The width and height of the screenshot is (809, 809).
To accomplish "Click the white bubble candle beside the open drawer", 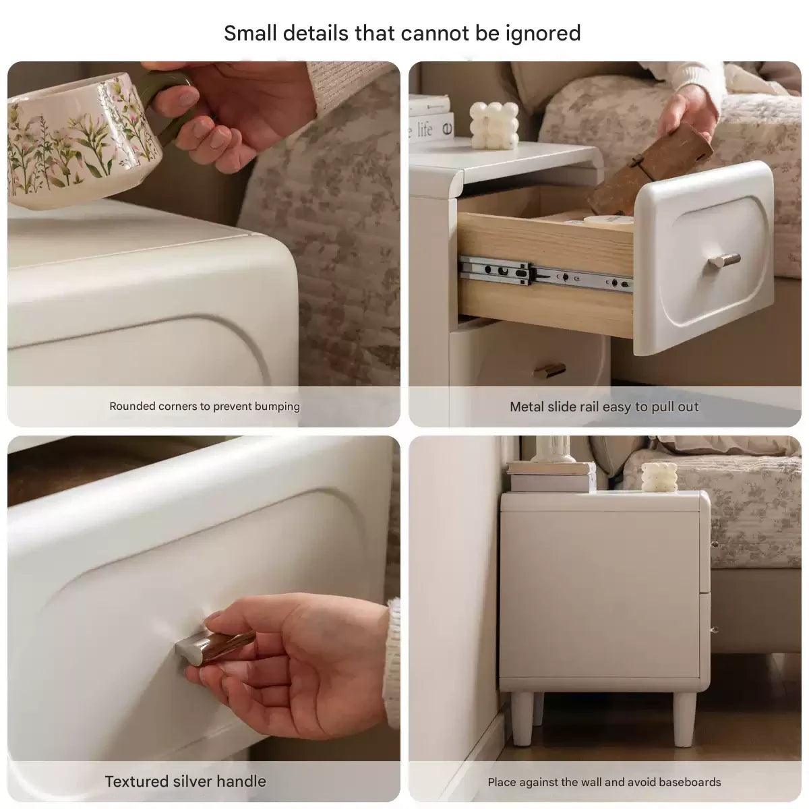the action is tap(493, 125).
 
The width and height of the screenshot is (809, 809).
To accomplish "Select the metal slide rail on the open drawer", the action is tap(545, 274).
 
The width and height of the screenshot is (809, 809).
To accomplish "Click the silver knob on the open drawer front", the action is tap(724, 260).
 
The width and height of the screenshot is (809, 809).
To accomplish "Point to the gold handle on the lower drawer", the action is tap(549, 370).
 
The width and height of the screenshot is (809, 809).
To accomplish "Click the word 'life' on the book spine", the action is tap(425, 129).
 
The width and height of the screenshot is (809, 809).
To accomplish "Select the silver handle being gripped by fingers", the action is tap(214, 647).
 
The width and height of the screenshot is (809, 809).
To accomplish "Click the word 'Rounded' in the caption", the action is tap(133, 406).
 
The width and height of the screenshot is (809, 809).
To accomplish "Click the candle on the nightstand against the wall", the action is tap(659, 477).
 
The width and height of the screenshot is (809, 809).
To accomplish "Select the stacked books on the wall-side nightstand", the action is tap(551, 476).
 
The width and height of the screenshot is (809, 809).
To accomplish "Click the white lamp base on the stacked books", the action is tap(553, 449).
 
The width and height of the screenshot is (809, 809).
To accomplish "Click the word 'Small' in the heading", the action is tap(250, 34).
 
